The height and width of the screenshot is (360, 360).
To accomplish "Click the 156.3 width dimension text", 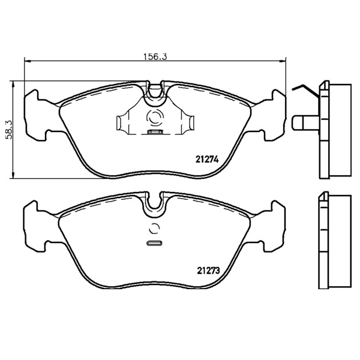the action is pos(155,56).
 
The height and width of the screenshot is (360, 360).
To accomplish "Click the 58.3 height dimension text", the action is pos(10,130).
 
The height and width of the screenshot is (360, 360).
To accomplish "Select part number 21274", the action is pos(207,159).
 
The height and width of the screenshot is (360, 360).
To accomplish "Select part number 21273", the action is pos(208,271).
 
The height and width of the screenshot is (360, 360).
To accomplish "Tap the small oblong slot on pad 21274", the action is pos(154,132).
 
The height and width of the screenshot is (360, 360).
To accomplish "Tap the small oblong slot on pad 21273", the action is pos(154,243).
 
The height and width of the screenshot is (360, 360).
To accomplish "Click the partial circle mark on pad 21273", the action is pos(154,229).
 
